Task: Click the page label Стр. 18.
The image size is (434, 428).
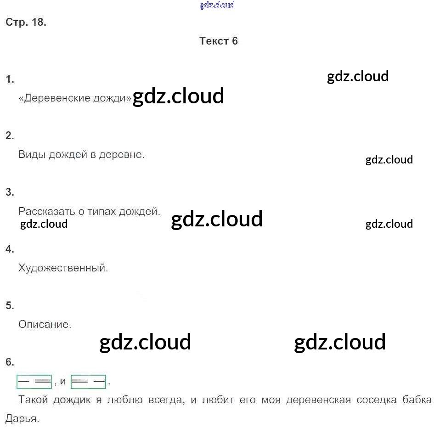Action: point(26,23)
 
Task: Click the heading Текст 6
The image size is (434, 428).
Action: point(219,41)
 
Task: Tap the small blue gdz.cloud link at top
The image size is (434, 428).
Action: point(217,5)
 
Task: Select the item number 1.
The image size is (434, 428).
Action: point(10,79)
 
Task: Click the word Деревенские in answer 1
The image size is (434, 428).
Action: point(54,98)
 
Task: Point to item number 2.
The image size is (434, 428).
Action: point(10,135)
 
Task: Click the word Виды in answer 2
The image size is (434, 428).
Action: point(30,155)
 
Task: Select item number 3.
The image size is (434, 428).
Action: point(10,192)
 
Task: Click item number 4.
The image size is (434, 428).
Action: point(10,249)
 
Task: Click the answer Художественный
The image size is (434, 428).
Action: point(63,268)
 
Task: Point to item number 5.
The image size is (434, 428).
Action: point(10,305)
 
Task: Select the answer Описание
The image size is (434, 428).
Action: point(45,324)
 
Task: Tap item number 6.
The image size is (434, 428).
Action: point(10,362)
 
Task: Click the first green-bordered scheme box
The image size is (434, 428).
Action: point(34,381)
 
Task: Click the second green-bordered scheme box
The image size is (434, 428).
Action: point(88,381)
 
